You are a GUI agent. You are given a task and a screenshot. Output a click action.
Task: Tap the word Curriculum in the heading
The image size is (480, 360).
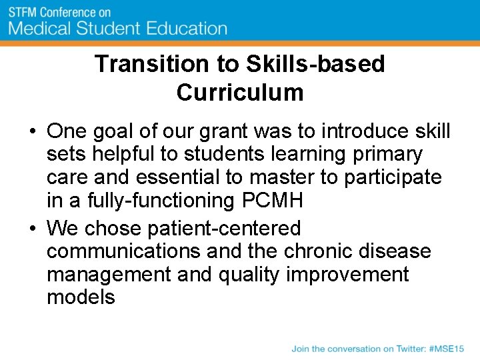point(240,92)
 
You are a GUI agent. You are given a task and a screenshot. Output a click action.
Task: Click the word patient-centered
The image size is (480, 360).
point(223,229)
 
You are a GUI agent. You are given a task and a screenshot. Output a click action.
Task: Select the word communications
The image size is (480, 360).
point(123,251)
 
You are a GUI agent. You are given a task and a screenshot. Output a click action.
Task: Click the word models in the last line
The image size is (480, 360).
point(81,297)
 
